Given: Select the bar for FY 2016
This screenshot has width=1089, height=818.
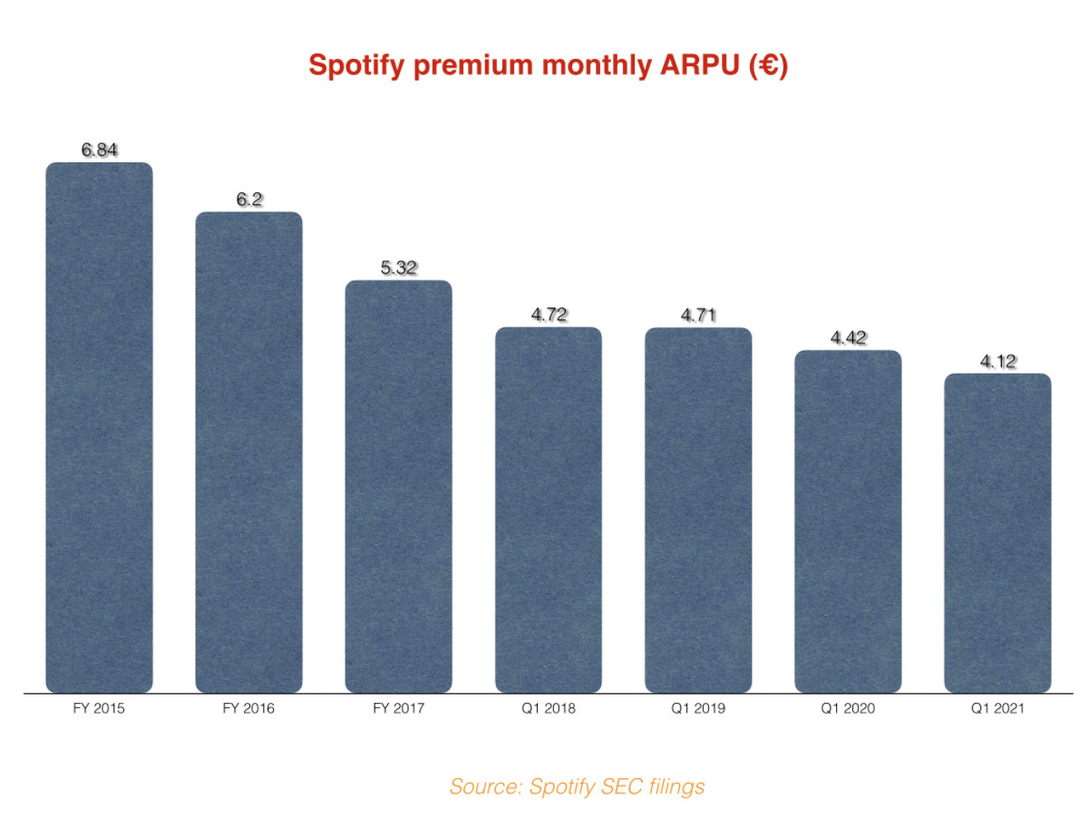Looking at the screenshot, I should [x=248, y=453].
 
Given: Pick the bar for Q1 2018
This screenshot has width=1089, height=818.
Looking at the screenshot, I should [x=548, y=511].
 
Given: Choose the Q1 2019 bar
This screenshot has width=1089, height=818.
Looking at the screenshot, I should [x=698, y=511].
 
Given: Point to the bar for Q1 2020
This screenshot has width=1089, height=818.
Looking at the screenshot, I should [x=848, y=522].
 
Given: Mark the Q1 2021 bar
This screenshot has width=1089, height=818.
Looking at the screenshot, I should [x=997, y=533].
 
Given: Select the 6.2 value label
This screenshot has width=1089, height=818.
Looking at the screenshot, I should [x=249, y=200].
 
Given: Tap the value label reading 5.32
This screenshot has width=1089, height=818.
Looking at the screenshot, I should [x=399, y=268].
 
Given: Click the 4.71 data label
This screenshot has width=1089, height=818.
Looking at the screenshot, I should [x=698, y=316].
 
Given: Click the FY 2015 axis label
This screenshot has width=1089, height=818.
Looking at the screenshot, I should [x=99, y=708].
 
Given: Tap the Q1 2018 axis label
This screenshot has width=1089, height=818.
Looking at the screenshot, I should [x=548, y=708].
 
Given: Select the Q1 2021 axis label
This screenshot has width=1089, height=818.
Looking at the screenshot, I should [x=997, y=708].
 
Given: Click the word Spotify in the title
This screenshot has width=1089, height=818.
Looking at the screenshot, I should [x=356, y=65].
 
